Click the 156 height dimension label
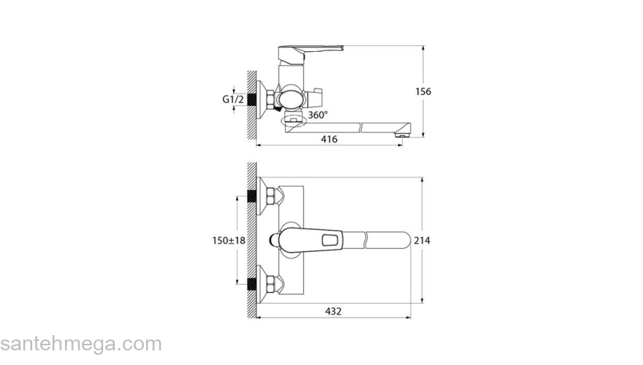[423, 91]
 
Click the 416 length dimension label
[329, 139]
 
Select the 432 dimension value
[333, 311]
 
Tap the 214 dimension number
[422, 240]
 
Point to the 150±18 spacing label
[229, 240]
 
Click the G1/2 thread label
[233, 99]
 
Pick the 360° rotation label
[318, 115]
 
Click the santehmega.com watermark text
[81, 344]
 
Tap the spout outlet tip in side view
[403, 134]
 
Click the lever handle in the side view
[311, 53]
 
